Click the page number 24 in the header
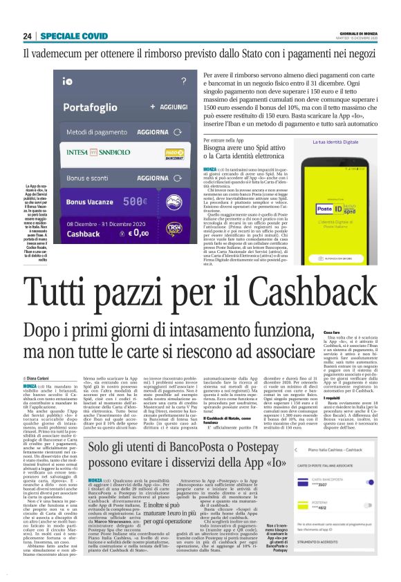[x=27, y=36]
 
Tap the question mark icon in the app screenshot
[x=182, y=81]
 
